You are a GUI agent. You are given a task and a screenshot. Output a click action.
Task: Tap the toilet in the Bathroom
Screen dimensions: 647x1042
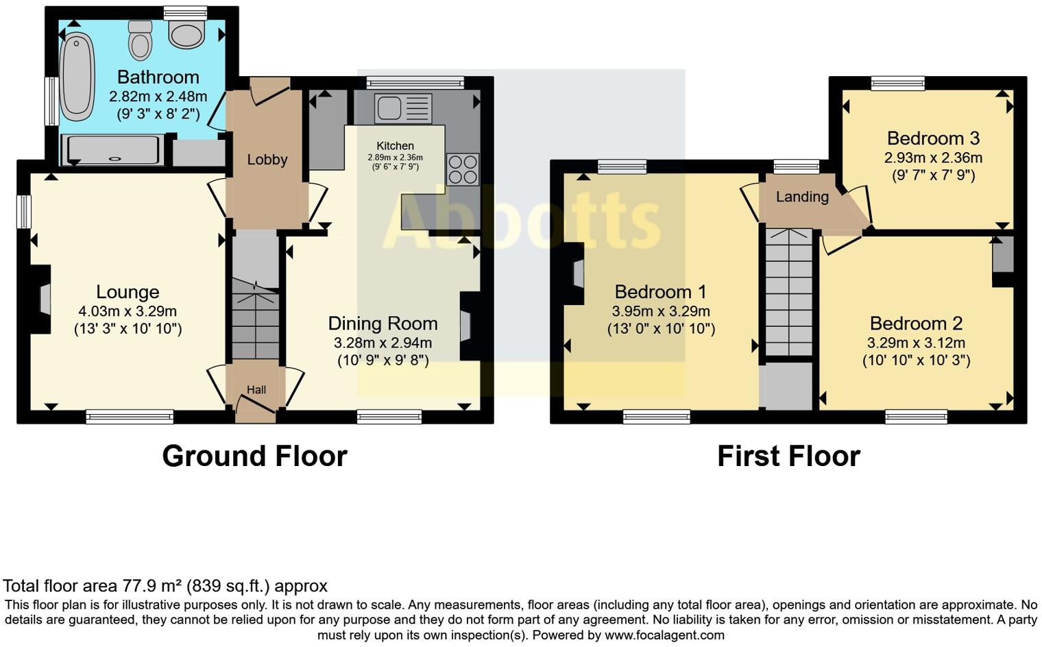click(x=140, y=40)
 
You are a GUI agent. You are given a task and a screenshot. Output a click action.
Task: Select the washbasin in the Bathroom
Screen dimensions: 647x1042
click(x=186, y=33)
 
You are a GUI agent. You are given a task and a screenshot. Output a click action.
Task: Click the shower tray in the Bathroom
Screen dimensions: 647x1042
click(x=113, y=150)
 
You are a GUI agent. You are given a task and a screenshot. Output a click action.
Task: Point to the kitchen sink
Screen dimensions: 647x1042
click(x=403, y=108)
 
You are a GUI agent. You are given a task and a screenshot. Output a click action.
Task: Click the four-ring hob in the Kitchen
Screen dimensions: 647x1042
click(x=463, y=169)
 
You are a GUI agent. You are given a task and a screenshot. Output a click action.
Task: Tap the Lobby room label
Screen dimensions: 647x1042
click(x=267, y=160)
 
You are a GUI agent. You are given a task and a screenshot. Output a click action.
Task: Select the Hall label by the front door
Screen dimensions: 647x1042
click(x=256, y=390)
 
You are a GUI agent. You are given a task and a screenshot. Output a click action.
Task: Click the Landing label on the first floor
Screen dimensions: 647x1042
click(x=802, y=197)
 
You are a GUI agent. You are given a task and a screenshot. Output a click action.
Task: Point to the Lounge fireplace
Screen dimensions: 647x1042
click(x=43, y=300)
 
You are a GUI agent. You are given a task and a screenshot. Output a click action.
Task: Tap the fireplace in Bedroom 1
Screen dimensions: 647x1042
click(x=577, y=273)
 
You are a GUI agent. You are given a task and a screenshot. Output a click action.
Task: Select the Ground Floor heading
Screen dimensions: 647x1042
click(x=254, y=456)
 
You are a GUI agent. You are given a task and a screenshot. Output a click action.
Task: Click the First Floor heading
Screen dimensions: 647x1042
click(x=788, y=456)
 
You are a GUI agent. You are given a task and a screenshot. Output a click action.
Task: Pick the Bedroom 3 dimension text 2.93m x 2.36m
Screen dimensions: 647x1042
click(x=933, y=158)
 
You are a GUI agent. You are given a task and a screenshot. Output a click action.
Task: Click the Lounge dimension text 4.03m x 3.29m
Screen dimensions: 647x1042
click(x=128, y=311)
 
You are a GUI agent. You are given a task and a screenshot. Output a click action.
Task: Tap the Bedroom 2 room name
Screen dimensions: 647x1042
click(x=916, y=323)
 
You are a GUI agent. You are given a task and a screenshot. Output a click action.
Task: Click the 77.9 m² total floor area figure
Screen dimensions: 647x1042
click(x=152, y=586)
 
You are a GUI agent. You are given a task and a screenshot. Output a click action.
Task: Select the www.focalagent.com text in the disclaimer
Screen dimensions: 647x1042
click(x=664, y=635)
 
